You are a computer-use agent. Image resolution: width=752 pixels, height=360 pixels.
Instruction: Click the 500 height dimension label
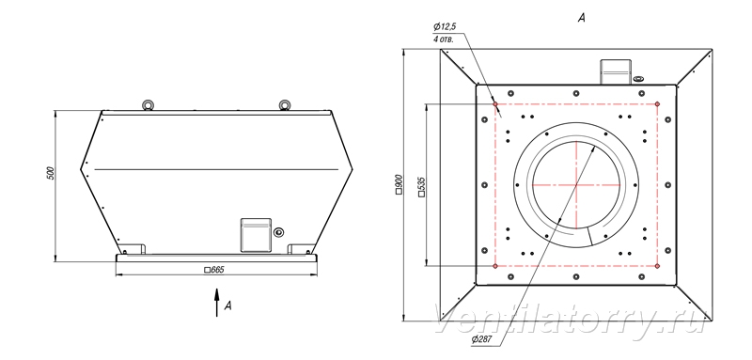tap(51, 174)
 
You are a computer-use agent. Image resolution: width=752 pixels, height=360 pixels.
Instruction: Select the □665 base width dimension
tap(214, 270)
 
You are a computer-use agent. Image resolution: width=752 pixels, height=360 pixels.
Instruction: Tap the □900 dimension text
tap(399, 184)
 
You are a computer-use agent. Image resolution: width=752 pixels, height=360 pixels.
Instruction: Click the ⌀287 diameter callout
tap(482, 339)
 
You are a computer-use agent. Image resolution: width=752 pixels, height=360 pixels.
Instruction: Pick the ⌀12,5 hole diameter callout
tap(444, 27)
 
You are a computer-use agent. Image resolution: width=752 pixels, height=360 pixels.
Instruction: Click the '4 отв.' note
tap(444, 39)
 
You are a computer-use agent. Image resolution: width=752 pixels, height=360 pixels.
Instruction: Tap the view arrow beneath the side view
tap(217, 303)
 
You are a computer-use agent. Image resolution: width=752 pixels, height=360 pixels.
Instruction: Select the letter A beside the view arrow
tap(228, 305)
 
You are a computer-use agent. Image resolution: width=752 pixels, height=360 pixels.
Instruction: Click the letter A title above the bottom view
tap(582, 18)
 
